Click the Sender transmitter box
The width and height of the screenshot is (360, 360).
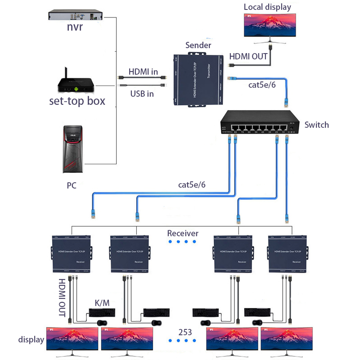click(x=198, y=79)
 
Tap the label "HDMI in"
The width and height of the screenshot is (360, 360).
click(x=143, y=72)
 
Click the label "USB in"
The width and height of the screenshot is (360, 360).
click(x=142, y=94)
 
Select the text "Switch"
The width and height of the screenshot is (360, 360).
click(x=316, y=125)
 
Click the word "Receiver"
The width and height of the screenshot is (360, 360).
click(x=183, y=233)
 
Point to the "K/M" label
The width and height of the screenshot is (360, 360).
click(x=102, y=303)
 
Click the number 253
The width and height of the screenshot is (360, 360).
click(x=184, y=333)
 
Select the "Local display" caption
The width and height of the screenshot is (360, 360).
click(x=267, y=7)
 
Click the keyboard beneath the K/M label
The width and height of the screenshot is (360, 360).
click(x=102, y=312)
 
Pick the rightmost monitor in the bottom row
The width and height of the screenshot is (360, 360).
click(x=287, y=339)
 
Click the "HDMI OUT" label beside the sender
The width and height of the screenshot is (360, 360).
click(x=248, y=57)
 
